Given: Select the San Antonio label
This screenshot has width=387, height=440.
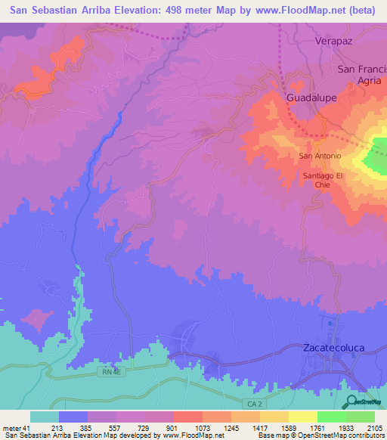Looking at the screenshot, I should point(320,156).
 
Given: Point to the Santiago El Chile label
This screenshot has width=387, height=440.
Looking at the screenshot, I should point(324,181).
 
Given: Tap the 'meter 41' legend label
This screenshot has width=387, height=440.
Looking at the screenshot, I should point(14,428).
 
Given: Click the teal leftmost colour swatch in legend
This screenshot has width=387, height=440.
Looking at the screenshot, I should point(44,417).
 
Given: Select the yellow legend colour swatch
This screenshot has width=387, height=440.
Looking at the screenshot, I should point(302,417).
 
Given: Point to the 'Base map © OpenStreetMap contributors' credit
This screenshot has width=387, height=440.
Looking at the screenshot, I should point(324,435).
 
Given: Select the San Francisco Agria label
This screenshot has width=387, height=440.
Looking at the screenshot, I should point(362,76).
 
